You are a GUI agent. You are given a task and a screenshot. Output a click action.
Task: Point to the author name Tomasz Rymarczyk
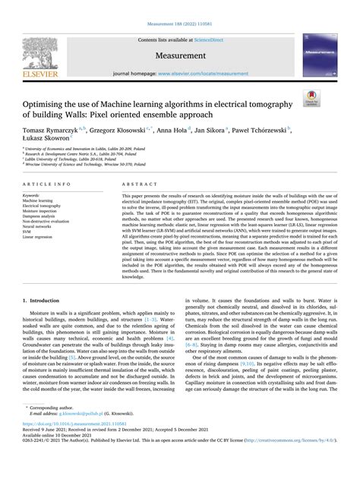(52, 131)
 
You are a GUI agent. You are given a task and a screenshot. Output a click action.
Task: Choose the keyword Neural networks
(39, 237)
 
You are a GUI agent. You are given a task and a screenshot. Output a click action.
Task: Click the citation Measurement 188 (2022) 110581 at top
(179, 7)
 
